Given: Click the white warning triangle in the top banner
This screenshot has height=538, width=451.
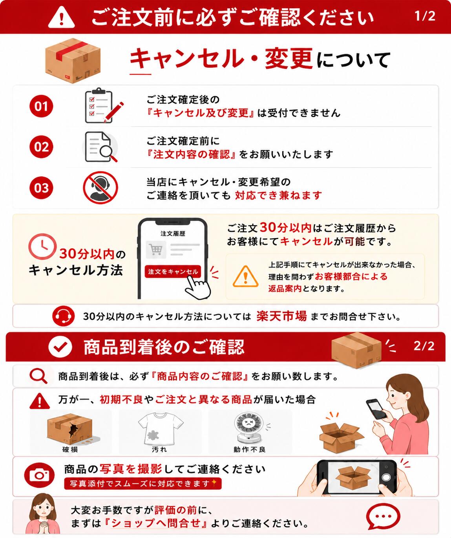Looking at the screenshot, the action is tap(61, 17).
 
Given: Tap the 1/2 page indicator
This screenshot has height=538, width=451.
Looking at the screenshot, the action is tap(425, 16).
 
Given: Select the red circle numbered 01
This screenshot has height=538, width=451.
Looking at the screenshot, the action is tap(41, 106).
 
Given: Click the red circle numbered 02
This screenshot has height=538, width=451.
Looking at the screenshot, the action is tap(41, 147).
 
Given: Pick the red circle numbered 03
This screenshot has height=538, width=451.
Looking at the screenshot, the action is tap(41, 188).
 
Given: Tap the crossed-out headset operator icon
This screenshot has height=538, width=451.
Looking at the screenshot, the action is tap(100, 187).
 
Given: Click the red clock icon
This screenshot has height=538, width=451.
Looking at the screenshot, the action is tap(42, 246).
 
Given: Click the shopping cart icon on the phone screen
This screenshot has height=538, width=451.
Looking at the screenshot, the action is tap(155, 250).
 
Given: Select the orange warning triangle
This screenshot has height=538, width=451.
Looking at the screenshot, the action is tap(245, 277).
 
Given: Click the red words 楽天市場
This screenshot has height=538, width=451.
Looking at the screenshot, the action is tap(281, 316).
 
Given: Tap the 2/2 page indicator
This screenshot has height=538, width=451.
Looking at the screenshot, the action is tap(424, 346).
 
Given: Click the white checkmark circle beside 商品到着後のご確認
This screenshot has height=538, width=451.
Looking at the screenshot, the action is tap(60, 347).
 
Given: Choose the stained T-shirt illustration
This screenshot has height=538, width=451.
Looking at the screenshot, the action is tap(161, 428).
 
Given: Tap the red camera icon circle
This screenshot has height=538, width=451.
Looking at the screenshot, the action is tap(39, 475).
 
